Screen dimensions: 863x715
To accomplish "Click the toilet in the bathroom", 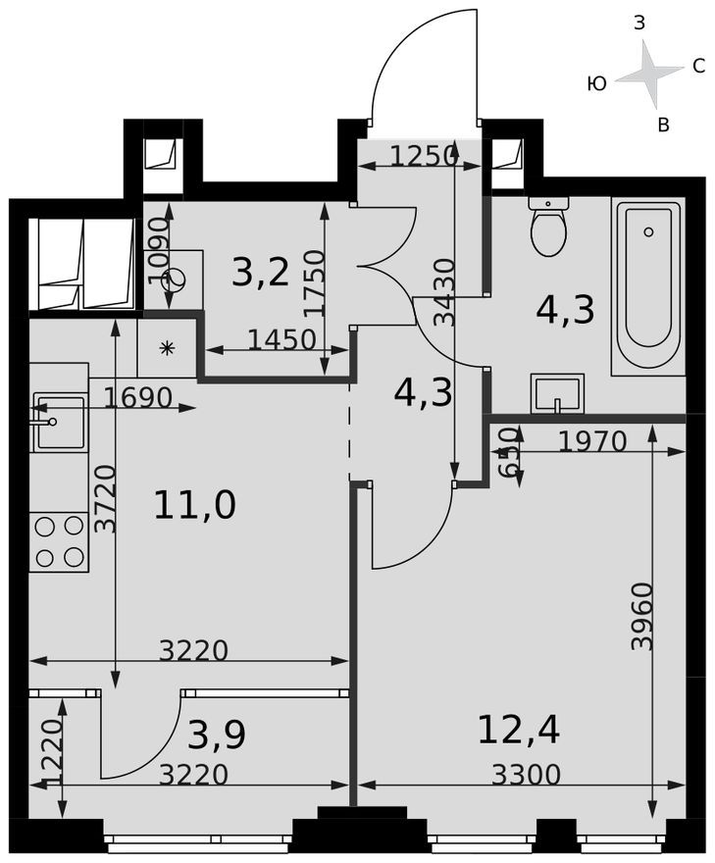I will click(548, 228).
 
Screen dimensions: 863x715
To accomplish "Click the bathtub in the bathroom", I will click(646, 287).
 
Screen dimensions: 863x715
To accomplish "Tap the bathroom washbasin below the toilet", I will click(557, 394).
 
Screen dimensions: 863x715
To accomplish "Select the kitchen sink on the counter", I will click(59, 422).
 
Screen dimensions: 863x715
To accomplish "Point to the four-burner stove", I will click(59, 541).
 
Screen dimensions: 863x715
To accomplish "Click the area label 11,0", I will click(194, 506).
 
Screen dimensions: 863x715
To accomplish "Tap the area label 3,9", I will click(217, 734).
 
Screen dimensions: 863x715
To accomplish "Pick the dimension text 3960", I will click(642, 615).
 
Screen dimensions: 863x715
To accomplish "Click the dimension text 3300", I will click(526, 776).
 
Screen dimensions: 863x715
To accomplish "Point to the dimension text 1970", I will click(591, 442).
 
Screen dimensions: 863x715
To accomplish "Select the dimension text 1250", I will click(424, 155).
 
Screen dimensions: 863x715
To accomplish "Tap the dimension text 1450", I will click(281, 339).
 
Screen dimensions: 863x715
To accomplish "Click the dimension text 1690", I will click(138, 398).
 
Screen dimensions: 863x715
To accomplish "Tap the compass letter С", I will click(698, 67).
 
